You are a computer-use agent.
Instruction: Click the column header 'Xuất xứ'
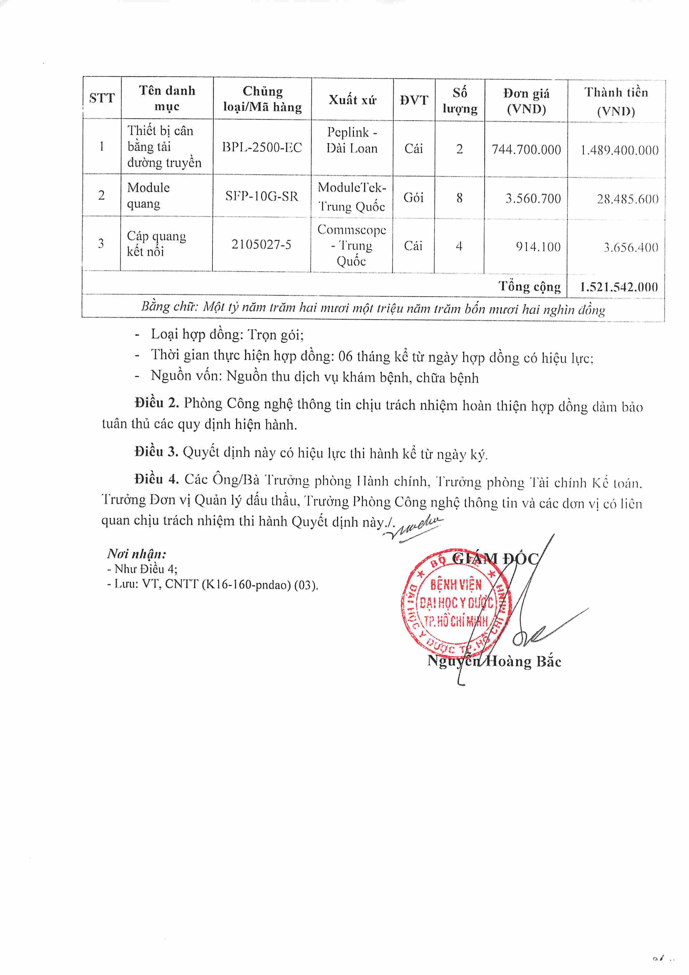[x=352, y=100]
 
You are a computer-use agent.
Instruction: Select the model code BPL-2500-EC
[x=262, y=147]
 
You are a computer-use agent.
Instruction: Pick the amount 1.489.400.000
[x=619, y=150]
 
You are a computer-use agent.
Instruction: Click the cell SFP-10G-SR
[x=262, y=196]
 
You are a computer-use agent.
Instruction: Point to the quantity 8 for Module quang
[x=459, y=198]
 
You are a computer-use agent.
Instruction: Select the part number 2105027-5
[x=261, y=245]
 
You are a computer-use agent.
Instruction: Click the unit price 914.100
[x=538, y=247]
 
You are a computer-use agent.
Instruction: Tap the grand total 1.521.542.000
[x=618, y=287]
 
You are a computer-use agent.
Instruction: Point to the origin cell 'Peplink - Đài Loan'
[x=352, y=140]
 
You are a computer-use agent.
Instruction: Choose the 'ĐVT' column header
[x=414, y=100]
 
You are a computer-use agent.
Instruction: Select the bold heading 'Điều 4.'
[x=156, y=479]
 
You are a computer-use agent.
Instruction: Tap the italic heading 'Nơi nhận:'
[x=136, y=554]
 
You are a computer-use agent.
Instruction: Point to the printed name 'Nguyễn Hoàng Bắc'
[x=494, y=661]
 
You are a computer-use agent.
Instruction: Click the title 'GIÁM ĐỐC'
[x=495, y=558]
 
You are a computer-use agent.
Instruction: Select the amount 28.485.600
[x=627, y=199]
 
